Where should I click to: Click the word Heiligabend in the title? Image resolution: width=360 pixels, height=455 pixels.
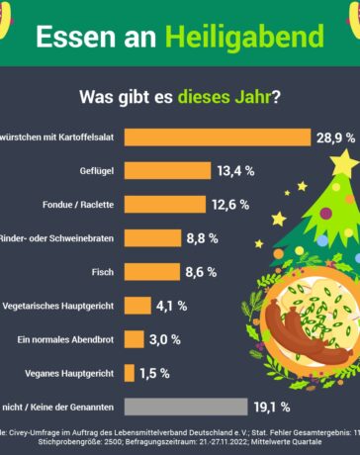point(259,37)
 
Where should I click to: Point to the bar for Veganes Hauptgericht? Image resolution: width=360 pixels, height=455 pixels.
point(130,373)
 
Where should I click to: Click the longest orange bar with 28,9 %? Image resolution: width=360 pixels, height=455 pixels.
point(217,136)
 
